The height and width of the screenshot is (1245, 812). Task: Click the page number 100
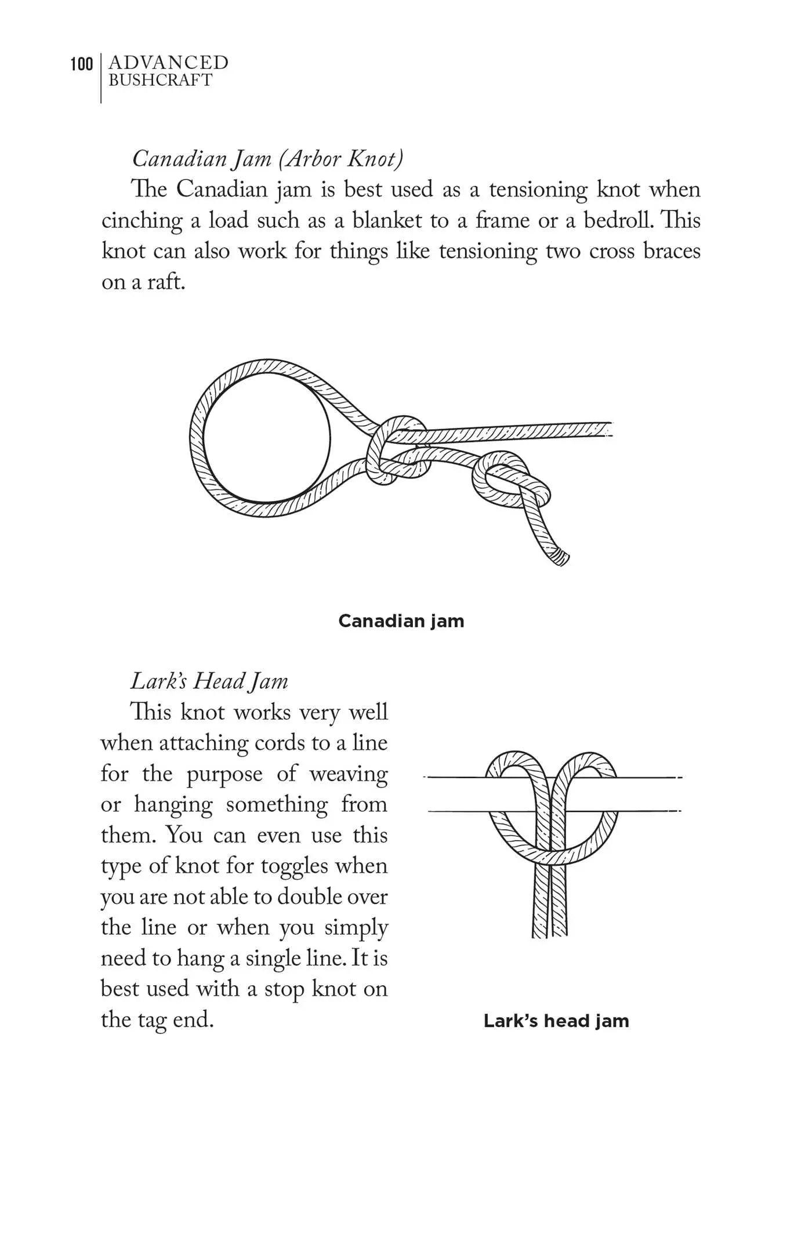[81, 64]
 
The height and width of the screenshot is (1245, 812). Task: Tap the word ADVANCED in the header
[168, 62]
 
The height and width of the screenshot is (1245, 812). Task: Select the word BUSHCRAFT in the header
[161, 80]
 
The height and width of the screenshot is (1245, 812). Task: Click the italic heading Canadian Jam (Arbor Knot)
[267, 158]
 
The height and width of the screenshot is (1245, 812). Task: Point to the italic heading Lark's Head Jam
[209, 681]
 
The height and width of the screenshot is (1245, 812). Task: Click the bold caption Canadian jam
[401, 621]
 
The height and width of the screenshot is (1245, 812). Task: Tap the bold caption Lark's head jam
[556, 1021]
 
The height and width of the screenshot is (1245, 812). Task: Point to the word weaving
[349, 774]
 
